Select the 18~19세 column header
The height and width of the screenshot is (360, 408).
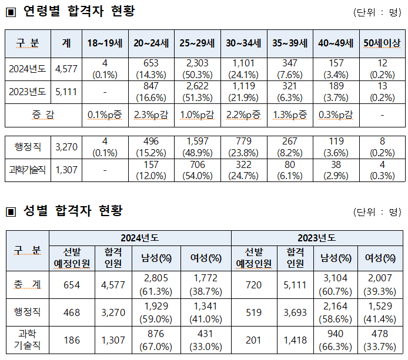(104, 43)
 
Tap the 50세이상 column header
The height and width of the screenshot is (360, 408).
(383, 43)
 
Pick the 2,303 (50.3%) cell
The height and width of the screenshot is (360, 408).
(198, 69)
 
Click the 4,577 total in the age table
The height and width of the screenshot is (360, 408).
(66, 69)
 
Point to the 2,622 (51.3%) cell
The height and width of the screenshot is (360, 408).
(198, 92)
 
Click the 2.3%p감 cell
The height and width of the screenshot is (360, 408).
(151, 115)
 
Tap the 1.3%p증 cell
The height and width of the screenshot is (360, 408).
(290, 115)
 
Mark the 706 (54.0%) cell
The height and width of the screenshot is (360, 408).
(198, 170)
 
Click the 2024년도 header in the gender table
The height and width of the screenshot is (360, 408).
(140, 238)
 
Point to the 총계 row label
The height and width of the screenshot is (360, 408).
(28, 284)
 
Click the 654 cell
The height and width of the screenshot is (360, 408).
(72, 284)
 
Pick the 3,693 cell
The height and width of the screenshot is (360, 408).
(295, 312)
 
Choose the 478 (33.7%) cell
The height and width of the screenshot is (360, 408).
(382, 341)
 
